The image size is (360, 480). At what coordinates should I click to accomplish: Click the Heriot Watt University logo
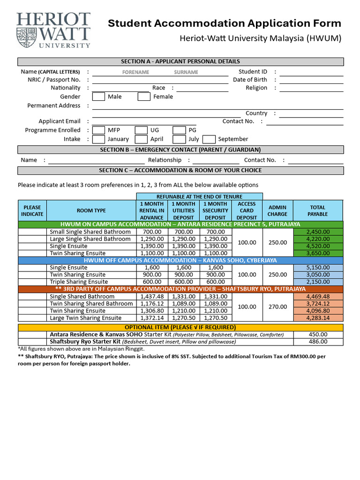point(53,30)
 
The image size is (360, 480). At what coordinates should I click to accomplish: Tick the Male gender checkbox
point(98,97)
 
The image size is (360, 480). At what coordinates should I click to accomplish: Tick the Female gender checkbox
point(143,97)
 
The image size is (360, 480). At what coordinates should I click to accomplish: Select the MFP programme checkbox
point(98,130)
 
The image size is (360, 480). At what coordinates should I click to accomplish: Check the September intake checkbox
point(209,139)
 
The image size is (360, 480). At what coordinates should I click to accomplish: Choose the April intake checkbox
point(141,139)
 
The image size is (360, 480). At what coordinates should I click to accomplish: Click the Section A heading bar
point(180,61)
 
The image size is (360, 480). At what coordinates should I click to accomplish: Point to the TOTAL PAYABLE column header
point(318,210)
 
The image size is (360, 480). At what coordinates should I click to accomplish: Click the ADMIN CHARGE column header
point(277,210)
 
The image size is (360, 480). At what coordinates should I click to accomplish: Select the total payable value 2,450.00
point(318,232)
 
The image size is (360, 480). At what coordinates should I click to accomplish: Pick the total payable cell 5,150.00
point(318,267)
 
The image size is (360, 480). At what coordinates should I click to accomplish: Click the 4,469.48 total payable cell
point(318,296)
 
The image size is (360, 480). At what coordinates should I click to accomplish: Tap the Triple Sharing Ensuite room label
point(79,282)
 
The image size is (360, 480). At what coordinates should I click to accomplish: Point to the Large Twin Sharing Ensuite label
point(85,318)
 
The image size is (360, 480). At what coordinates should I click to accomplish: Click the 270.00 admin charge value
point(277,307)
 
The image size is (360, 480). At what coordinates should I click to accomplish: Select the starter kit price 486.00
point(318,342)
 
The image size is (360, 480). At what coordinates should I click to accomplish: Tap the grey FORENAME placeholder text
point(135,72)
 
